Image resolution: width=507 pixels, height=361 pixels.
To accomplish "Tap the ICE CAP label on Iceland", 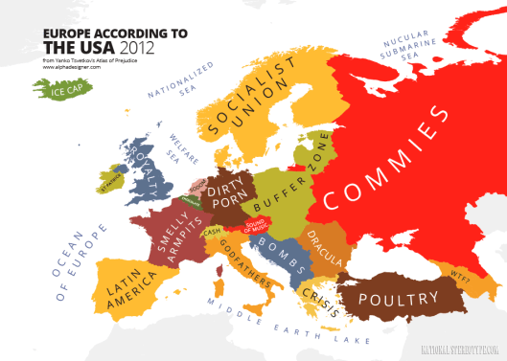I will [59, 92].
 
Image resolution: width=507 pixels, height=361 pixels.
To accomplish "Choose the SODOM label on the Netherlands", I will [197, 184].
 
